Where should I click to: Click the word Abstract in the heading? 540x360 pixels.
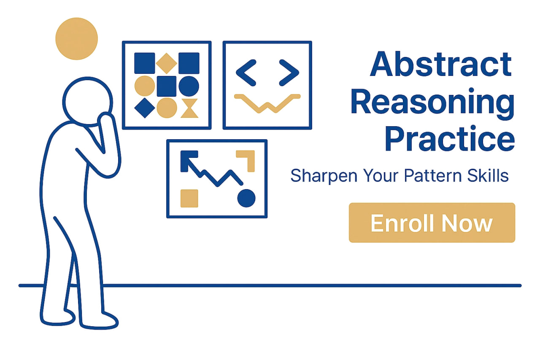click(440, 65)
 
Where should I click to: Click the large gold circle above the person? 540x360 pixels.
click(76, 38)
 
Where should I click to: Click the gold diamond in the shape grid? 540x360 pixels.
click(167, 63)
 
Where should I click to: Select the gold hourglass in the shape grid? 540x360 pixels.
click(189, 108)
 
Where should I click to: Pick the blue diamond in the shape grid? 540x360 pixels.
click(144, 108)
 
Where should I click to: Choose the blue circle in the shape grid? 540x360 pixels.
click(189, 86)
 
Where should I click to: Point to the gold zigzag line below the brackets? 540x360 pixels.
click(267, 103)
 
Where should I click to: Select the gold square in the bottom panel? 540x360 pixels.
click(189, 198)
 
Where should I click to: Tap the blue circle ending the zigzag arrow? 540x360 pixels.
click(246, 198)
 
